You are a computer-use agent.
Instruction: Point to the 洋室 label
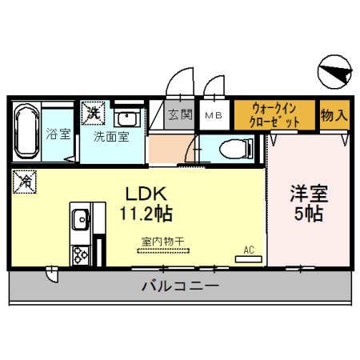click(307, 194)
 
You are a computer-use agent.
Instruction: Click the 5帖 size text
click(307, 214)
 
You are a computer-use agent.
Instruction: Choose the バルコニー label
click(180, 286)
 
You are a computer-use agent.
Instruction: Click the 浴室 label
click(58, 134)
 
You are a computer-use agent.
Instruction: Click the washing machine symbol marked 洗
click(94, 113)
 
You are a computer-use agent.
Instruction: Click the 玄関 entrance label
click(180, 114)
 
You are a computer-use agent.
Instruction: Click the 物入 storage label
click(334, 114)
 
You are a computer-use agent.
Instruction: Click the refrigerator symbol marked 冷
click(25, 182)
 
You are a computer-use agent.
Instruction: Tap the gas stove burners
click(81, 256)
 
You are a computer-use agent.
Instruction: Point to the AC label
click(249, 250)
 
